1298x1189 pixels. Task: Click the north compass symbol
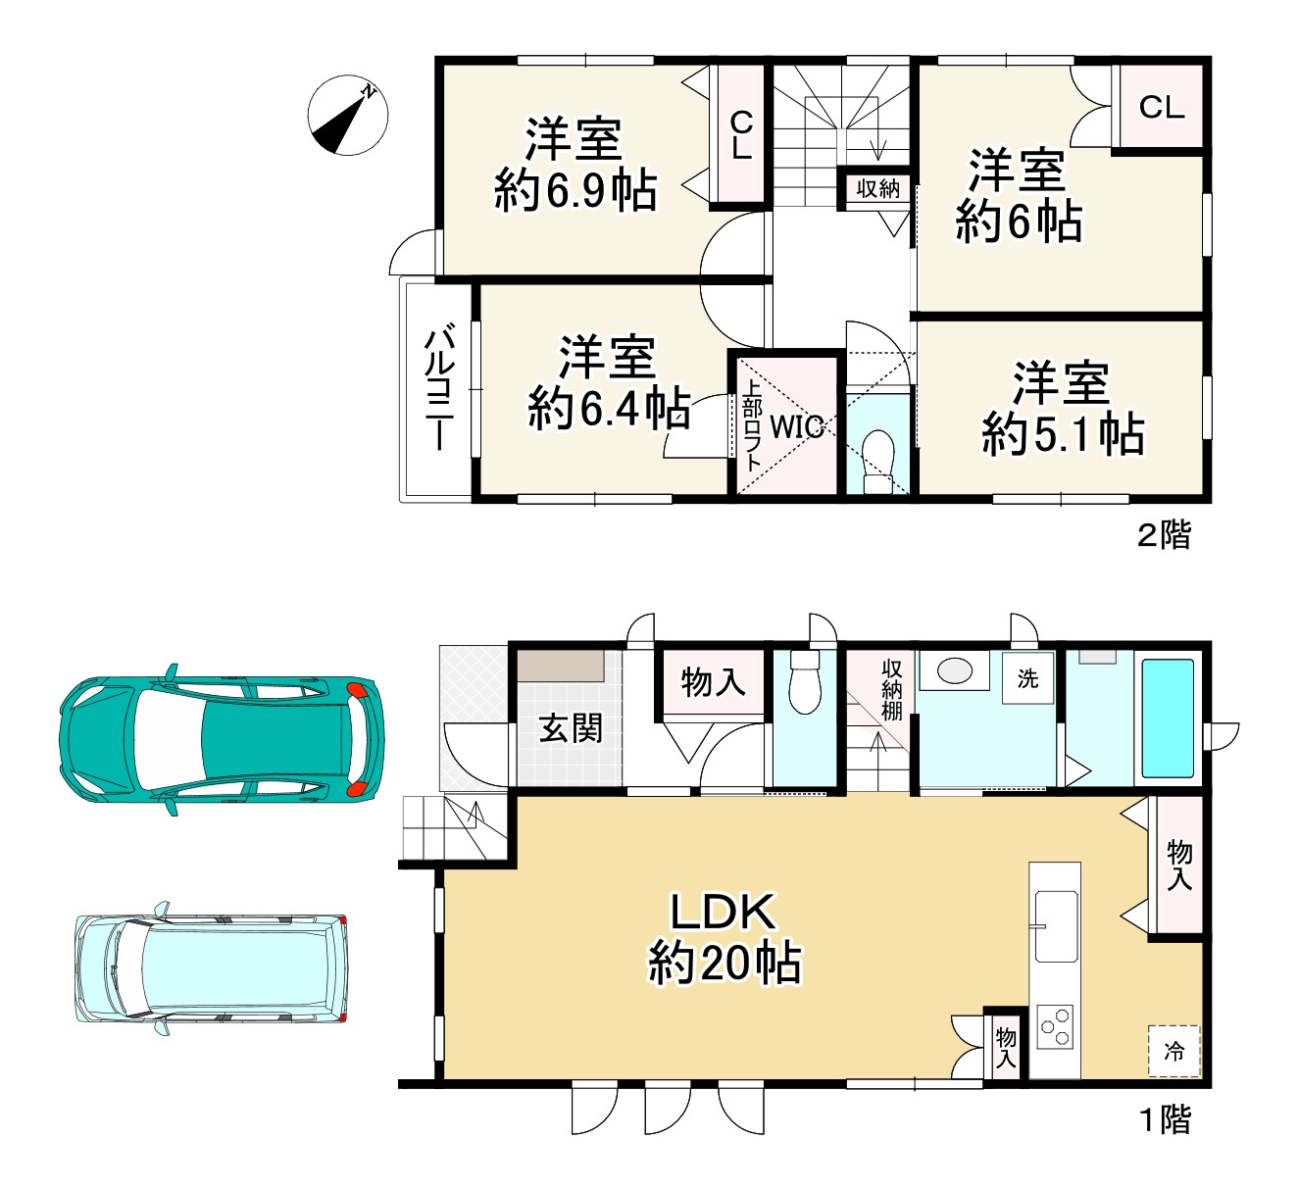click(x=348, y=116)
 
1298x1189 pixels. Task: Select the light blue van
click(x=212, y=968)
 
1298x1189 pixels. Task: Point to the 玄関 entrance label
click(x=571, y=729)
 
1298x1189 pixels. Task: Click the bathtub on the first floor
click(x=1168, y=718)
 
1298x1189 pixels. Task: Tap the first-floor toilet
click(x=805, y=683)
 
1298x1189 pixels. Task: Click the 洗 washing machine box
click(x=1027, y=677)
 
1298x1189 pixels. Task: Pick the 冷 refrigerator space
click(x=1173, y=1051)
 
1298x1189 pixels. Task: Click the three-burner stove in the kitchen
click(x=1055, y=1026)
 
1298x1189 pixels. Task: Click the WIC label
click(x=796, y=427)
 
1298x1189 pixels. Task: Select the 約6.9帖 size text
click(x=575, y=190)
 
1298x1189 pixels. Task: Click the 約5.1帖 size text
click(x=1063, y=433)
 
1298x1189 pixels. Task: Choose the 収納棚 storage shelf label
click(x=892, y=690)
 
